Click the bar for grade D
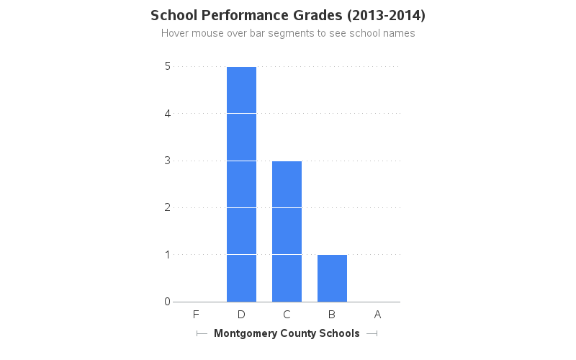(x=241, y=184)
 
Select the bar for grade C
(x=287, y=231)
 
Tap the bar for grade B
(x=332, y=278)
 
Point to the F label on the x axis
(x=196, y=314)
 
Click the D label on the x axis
(x=241, y=314)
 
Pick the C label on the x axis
(x=287, y=314)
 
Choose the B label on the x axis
(x=332, y=314)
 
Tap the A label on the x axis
(x=377, y=314)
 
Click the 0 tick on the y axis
(x=167, y=302)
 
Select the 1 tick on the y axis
(x=167, y=254)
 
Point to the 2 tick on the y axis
(x=167, y=207)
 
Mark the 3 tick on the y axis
(x=167, y=160)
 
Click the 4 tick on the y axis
(x=167, y=113)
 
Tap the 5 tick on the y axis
(x=167, y=66)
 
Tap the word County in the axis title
(x=299, y=333)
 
